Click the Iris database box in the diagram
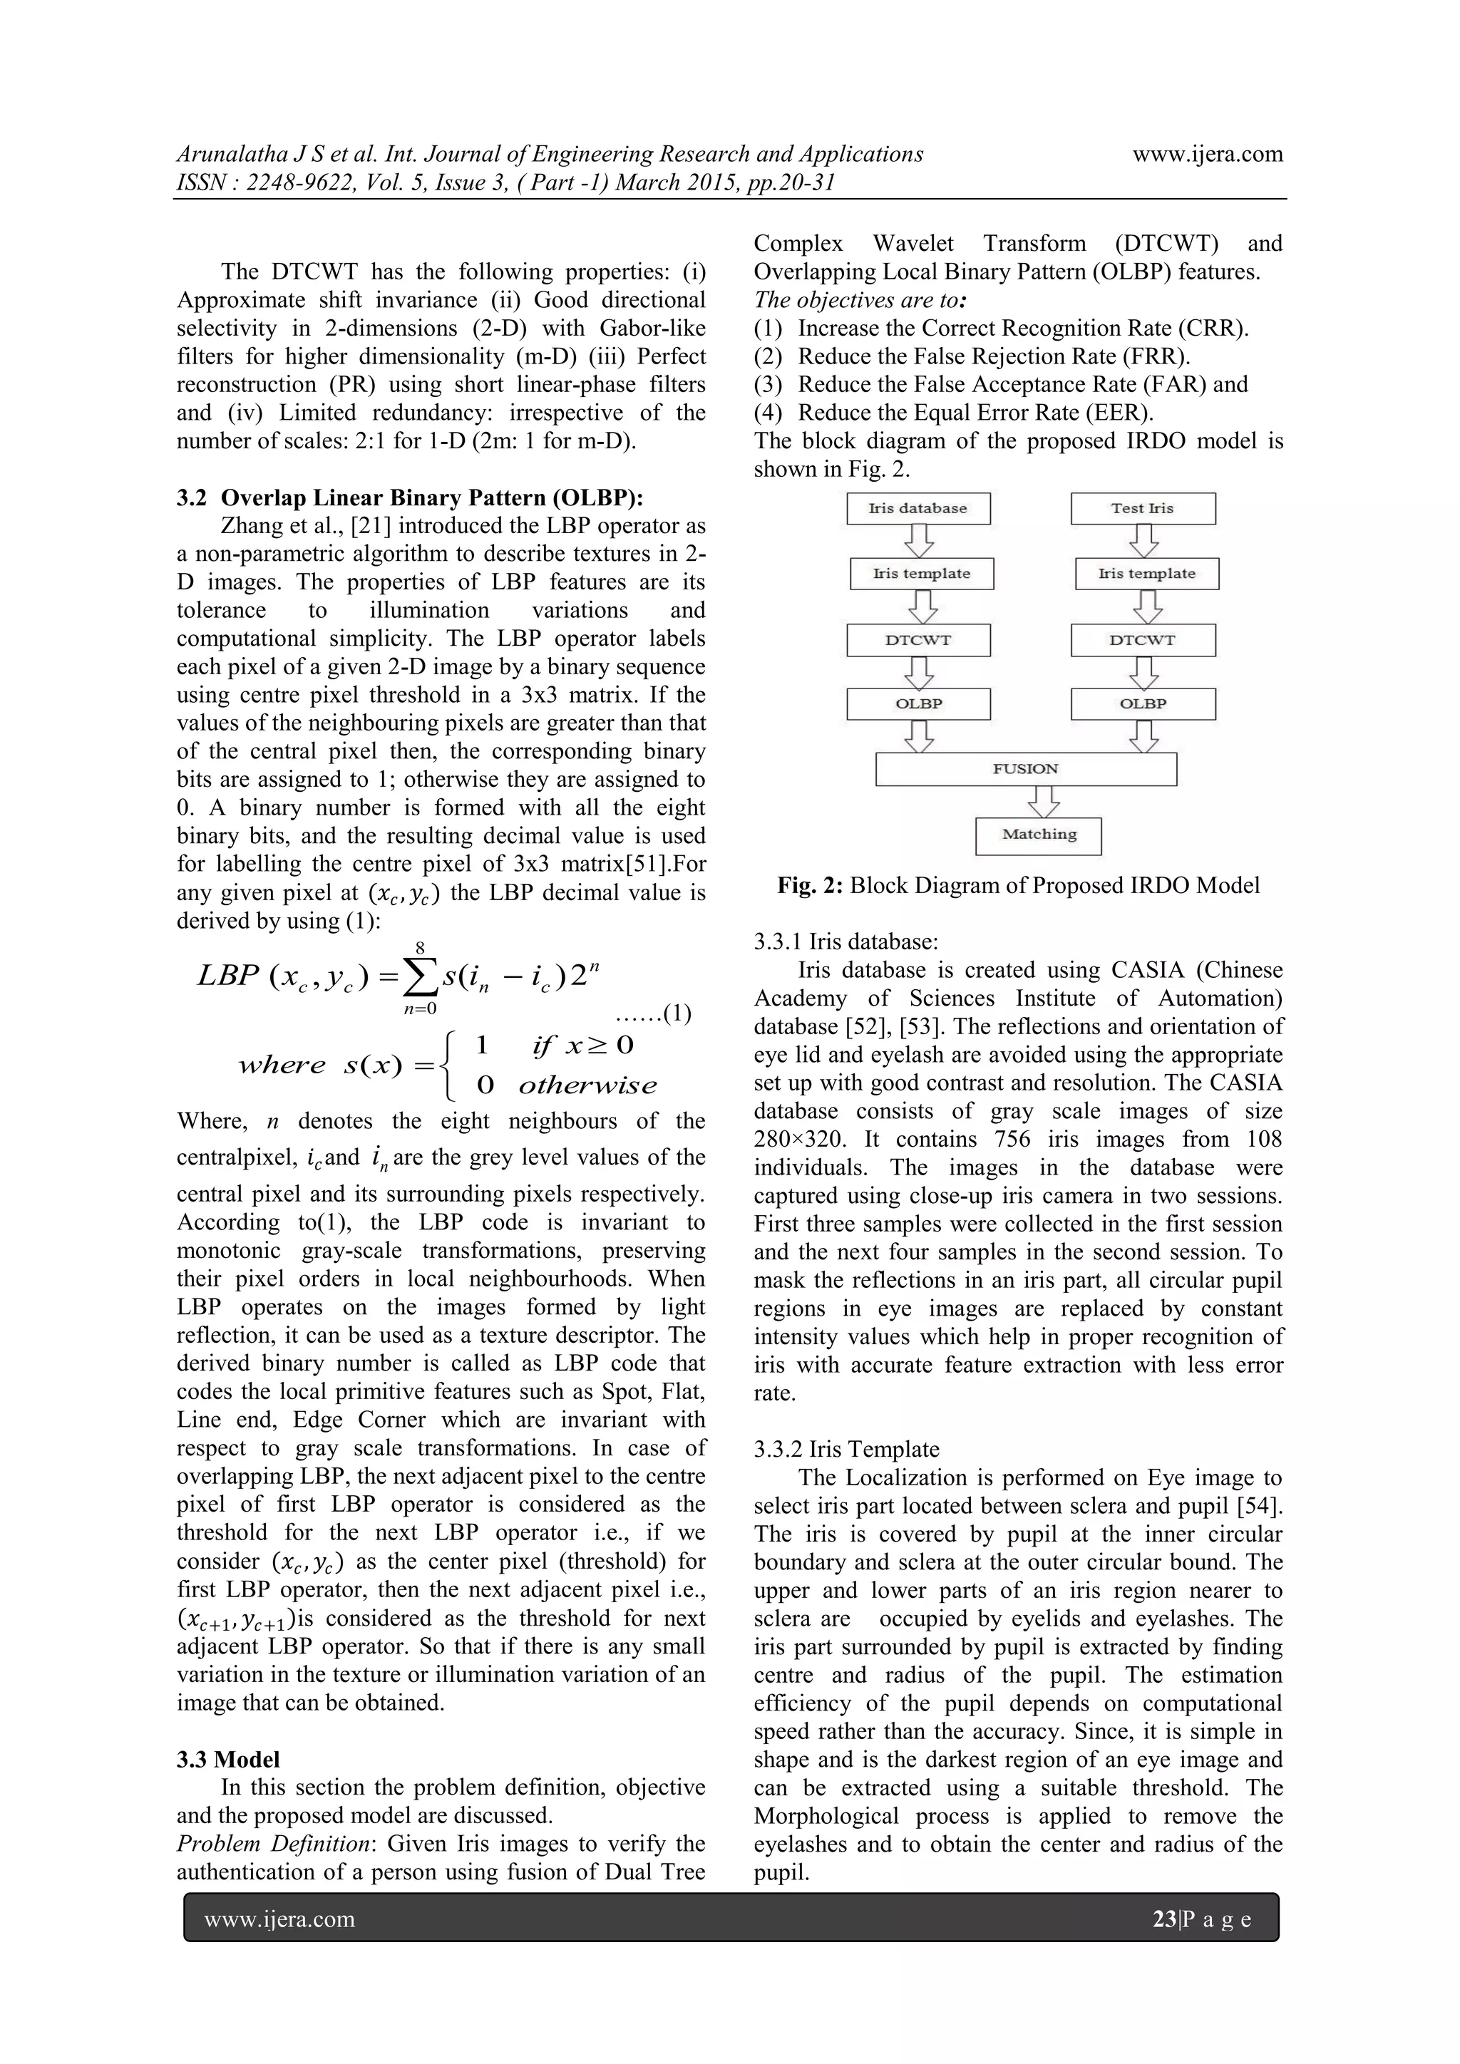pyautogui.click(x=918, y=509)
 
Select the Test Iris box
pyautogui.click(x=1143, y=509)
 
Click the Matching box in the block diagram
pyautogui.click(x=1039, y=835)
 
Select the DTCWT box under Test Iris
pyautogui.click(x=1143, y=640)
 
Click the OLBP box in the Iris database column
pyautogui.click(x=918, y=704)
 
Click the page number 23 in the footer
pyautogui.click(x=1164, y=1919)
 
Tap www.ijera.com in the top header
pyautogui.click(x=1208, y=155)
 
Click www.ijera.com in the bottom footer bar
pyautogui.click(x=279, y=1920)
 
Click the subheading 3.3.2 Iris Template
pyautogui.click(x=846, y=1449)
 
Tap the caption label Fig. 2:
pyautogui.click(x=810, y=885)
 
